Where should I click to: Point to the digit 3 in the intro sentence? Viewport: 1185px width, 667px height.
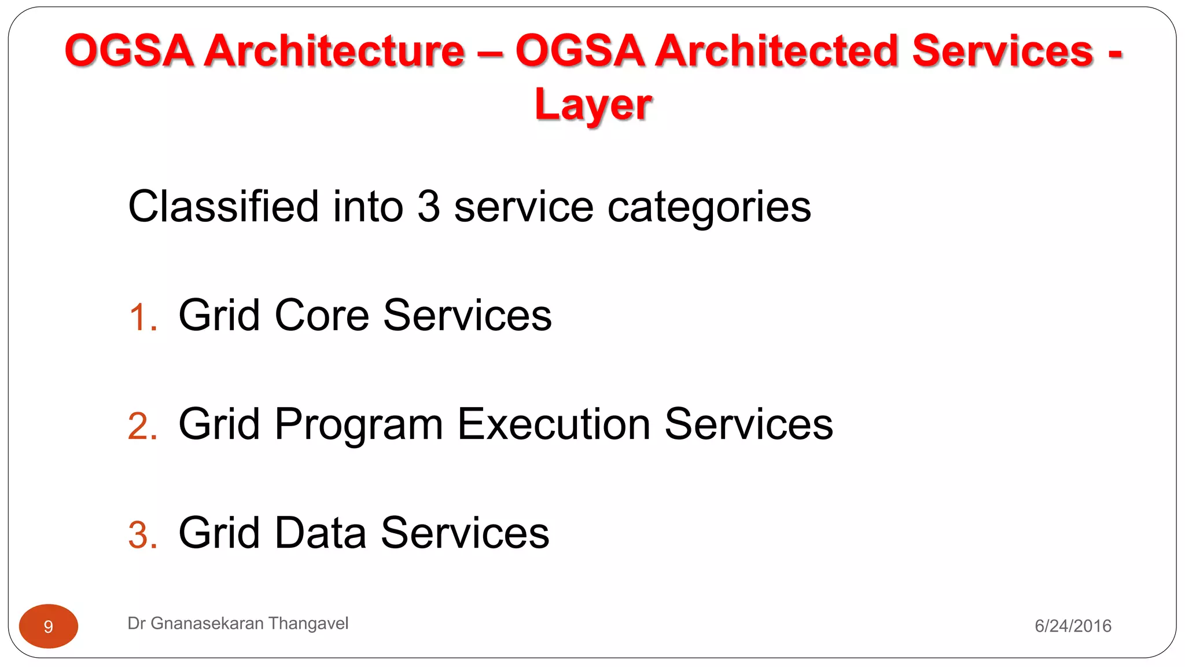[428, 207]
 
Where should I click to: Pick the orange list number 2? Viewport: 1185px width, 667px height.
[142, 427]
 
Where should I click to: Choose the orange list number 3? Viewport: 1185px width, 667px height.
[142, 535]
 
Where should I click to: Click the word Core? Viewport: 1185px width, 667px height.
[321, 316]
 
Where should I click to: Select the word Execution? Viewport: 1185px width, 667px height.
[554, 424]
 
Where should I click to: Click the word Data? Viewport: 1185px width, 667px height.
[320, 533]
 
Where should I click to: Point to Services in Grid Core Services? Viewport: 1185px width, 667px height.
[467, 316]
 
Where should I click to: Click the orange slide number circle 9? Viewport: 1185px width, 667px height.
[49, 626]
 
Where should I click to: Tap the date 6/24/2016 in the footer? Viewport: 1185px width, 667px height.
[1073, 626]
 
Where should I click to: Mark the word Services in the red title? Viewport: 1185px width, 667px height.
[1002, 51]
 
